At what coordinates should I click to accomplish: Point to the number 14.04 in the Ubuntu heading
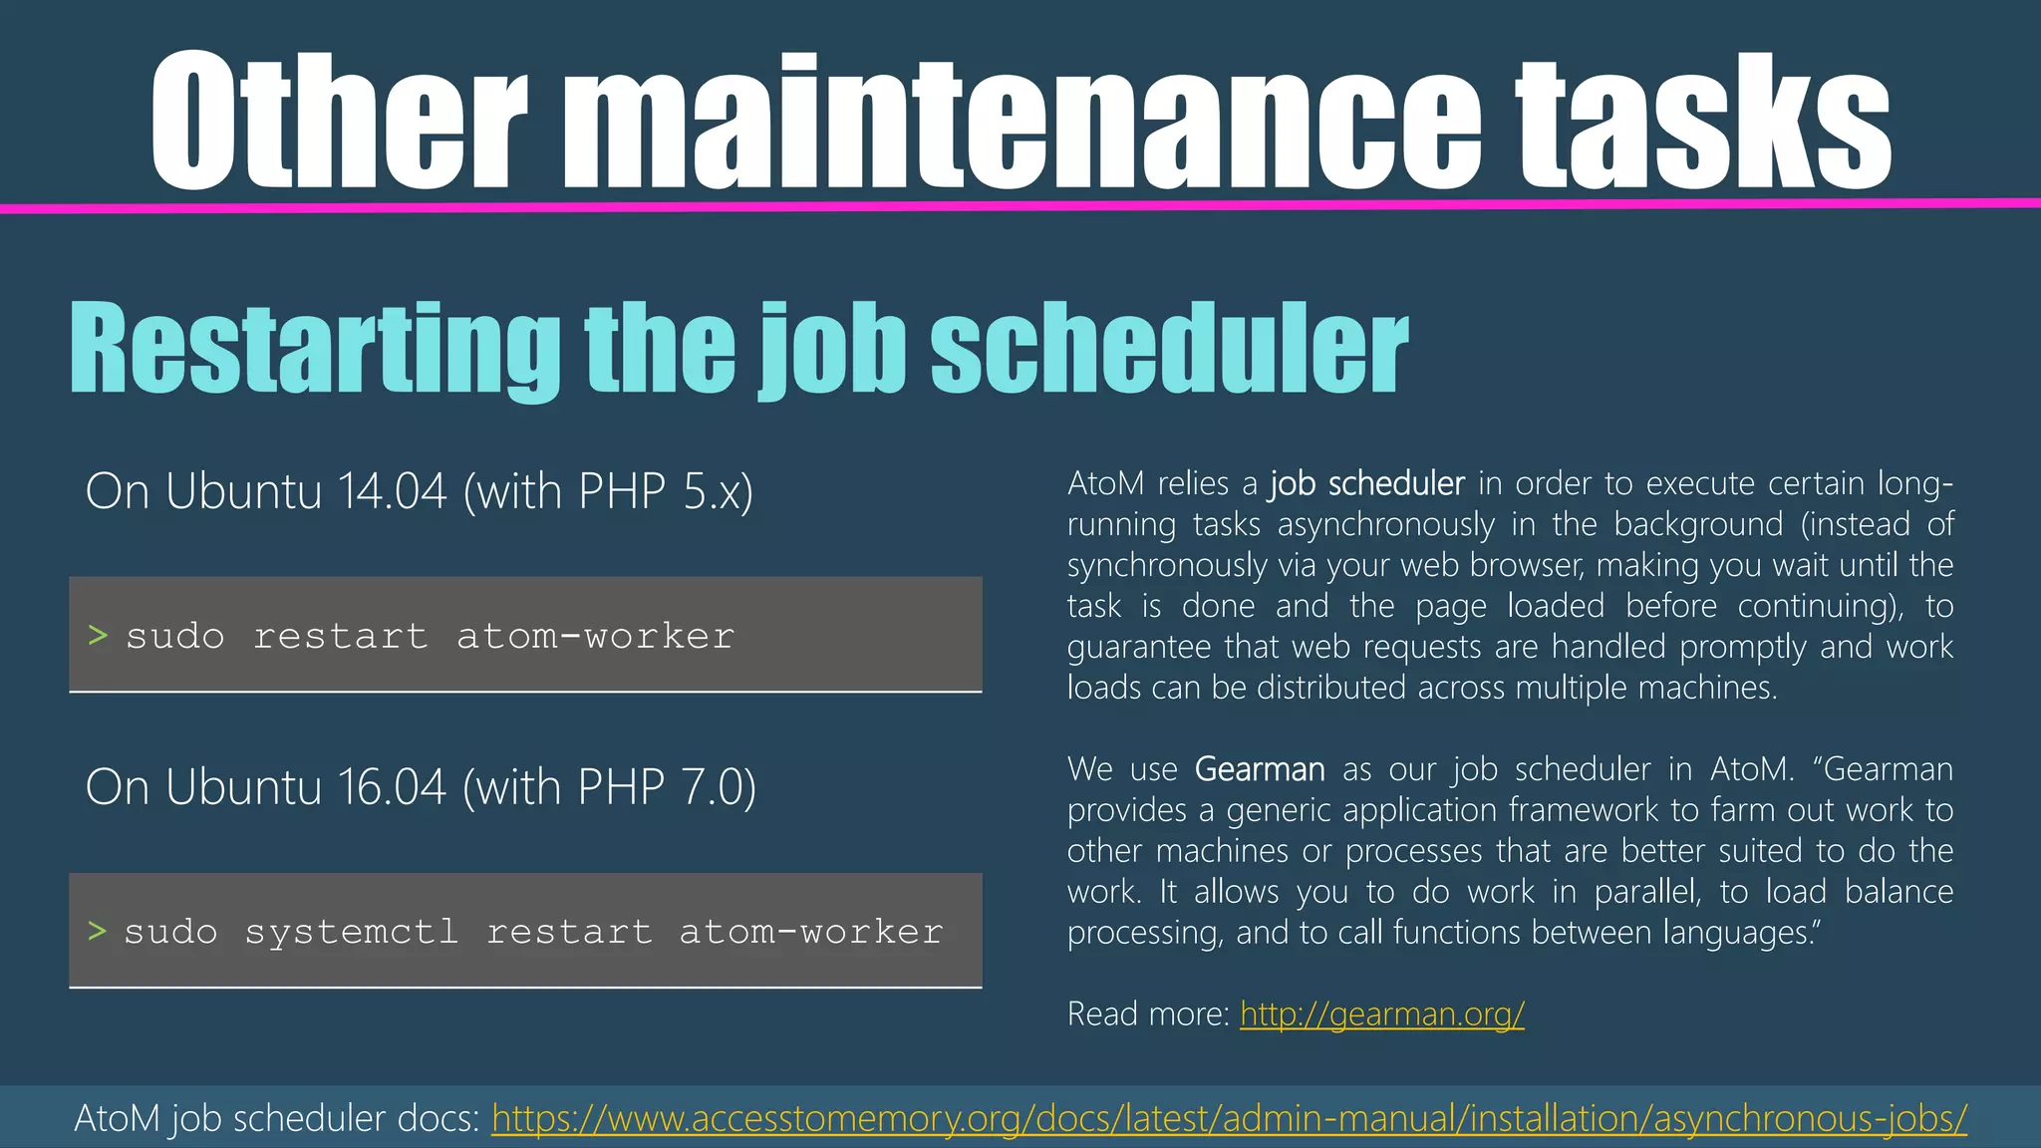(392, 491)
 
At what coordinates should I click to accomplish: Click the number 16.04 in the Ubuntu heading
(392, 787)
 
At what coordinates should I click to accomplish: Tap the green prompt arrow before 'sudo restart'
(98, 635)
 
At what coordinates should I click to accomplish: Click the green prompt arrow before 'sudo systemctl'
(98, 931)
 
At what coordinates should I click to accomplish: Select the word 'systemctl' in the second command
(352, 932)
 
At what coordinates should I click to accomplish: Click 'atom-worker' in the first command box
(596, 636)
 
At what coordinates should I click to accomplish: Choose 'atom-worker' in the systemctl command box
(811, 932)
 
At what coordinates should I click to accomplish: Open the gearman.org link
(1382, 1014)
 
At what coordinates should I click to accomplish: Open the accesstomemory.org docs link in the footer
(1229, 1118)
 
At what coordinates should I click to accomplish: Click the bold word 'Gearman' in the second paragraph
(1260, 769)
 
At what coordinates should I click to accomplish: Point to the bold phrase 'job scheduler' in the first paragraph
(1367, 483)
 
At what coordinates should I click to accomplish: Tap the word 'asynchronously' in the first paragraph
(1386, 524)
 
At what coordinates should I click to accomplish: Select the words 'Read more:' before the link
(1148, 1014)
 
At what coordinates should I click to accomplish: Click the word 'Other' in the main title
(339, 122)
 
